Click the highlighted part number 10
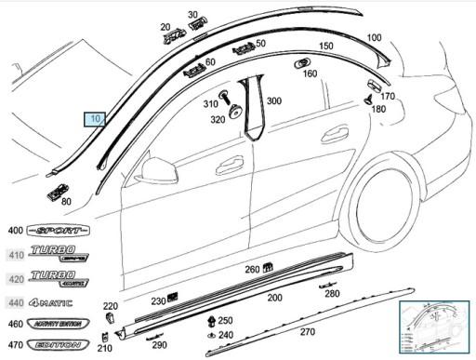click(97, 119)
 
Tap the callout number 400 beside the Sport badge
click(16, 231)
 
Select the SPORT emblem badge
click(59, 230)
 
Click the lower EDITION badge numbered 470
click(57, 345)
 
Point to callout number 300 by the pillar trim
click(274, 100)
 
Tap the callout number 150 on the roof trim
click(326, 46)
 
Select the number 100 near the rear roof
click(374, 38)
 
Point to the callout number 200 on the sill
click(274, 298)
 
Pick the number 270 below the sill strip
click(307, 332)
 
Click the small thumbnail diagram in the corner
click(432, 327)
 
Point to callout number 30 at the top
click(193, 15)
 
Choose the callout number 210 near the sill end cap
click(105, 348)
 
